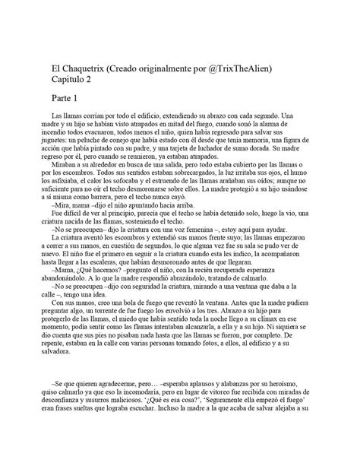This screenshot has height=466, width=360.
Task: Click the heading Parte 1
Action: click(68, 100)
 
